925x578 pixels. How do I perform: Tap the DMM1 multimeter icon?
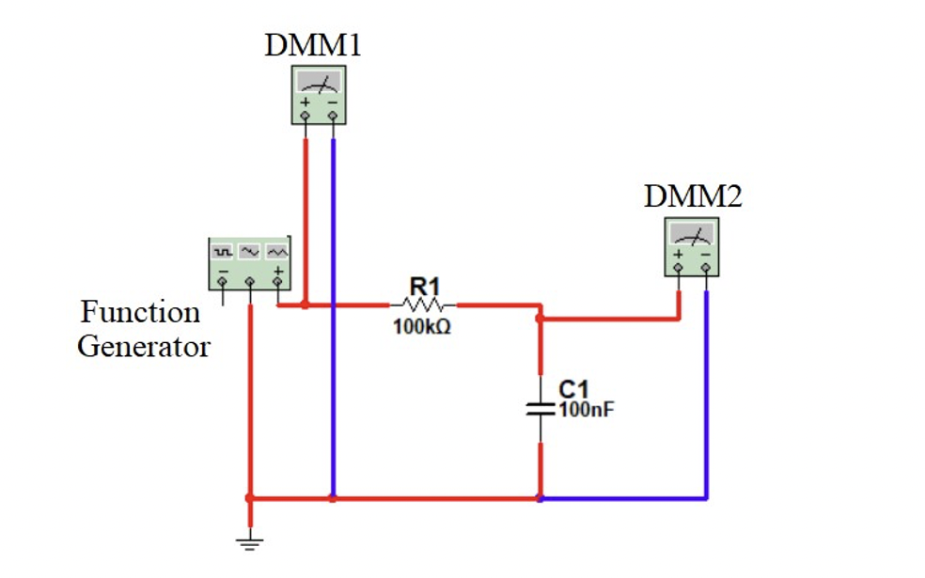318,95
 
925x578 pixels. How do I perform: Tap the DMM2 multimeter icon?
692,247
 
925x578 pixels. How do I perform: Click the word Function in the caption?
140,311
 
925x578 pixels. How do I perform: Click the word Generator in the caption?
143,346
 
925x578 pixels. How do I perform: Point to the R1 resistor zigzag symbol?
422,305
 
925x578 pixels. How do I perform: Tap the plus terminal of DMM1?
305,116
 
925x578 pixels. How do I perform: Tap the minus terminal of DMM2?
706,269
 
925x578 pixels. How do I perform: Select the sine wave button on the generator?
249,252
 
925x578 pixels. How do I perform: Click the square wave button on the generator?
223,252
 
